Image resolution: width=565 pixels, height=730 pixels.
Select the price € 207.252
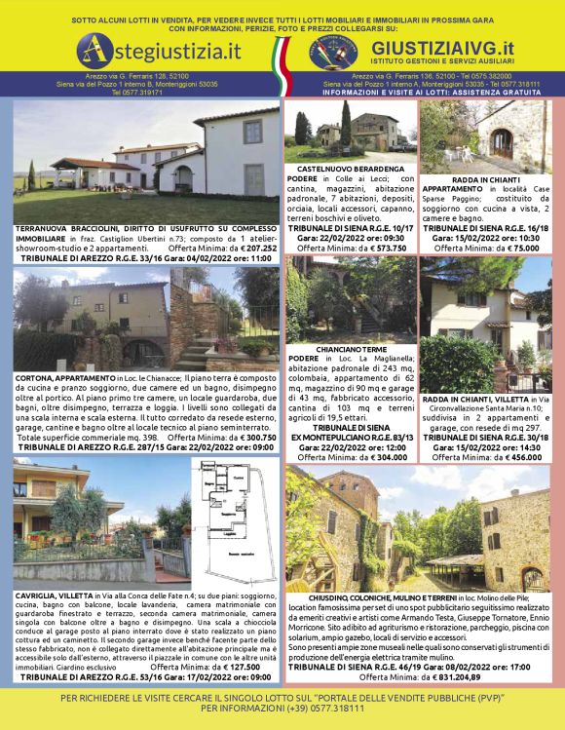250,248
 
